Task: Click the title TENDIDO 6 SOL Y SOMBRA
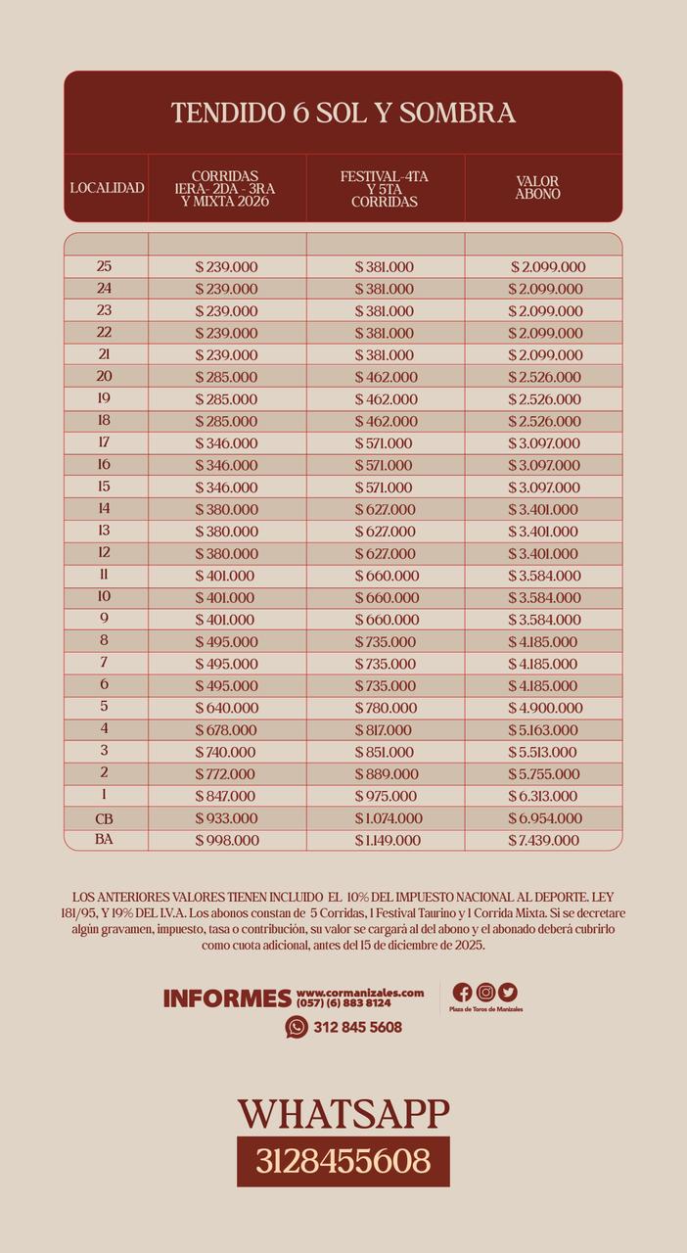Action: point(343,113)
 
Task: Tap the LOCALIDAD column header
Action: point(107,188)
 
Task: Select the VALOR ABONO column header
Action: point(537,188)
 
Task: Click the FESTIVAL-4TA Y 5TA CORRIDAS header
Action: point(385,189)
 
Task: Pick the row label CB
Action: point(105,818)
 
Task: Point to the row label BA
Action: point(105,840)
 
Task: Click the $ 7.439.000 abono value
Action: point(544,841)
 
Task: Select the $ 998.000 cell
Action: point(227,841)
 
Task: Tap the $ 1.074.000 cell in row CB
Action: point(388,818)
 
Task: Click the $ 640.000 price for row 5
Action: point(227,708)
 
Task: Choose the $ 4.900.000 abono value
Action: point(544,708)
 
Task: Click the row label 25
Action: point(105,266)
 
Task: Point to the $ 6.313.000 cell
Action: point(544,796)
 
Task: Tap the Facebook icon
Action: point(463,993)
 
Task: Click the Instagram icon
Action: point(485,993)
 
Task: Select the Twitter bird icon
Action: point(507,993)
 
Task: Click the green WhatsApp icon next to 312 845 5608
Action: point(297,1027)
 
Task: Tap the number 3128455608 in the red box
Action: point(343,1161)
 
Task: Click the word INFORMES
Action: point(227,998)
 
